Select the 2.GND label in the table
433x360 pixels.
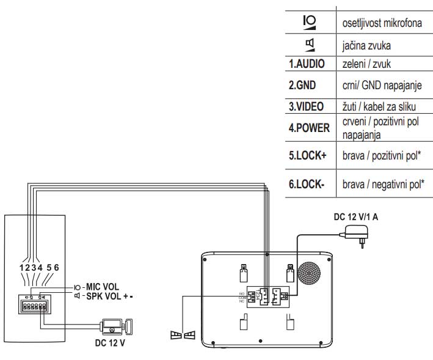pyautogui.click(x=302, y=85)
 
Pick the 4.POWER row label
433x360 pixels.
pyautogui.click(x=309, y=128)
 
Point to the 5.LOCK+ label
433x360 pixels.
pyautogui.click(x=308, y=155)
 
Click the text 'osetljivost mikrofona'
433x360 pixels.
pyautogui.click(x=380, y=23)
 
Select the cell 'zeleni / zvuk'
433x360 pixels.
pyautogui.click(x=365, y=64)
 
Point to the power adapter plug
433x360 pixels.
pyautogui.click(x=357, y=234)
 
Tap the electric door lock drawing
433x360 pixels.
pyautogui.click(x=117, y=325)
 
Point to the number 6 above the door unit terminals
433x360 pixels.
pyautogui.click(x=56, y=267)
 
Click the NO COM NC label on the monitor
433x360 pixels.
pyautogui.click(x=242, y=298)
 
